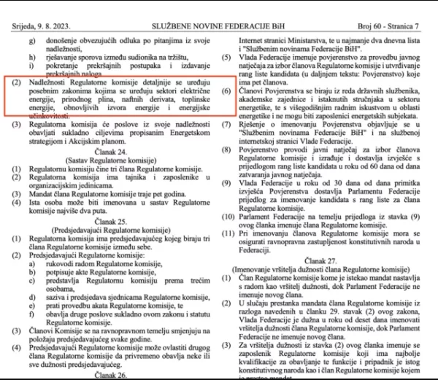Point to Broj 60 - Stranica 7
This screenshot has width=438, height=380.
point(396,7)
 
